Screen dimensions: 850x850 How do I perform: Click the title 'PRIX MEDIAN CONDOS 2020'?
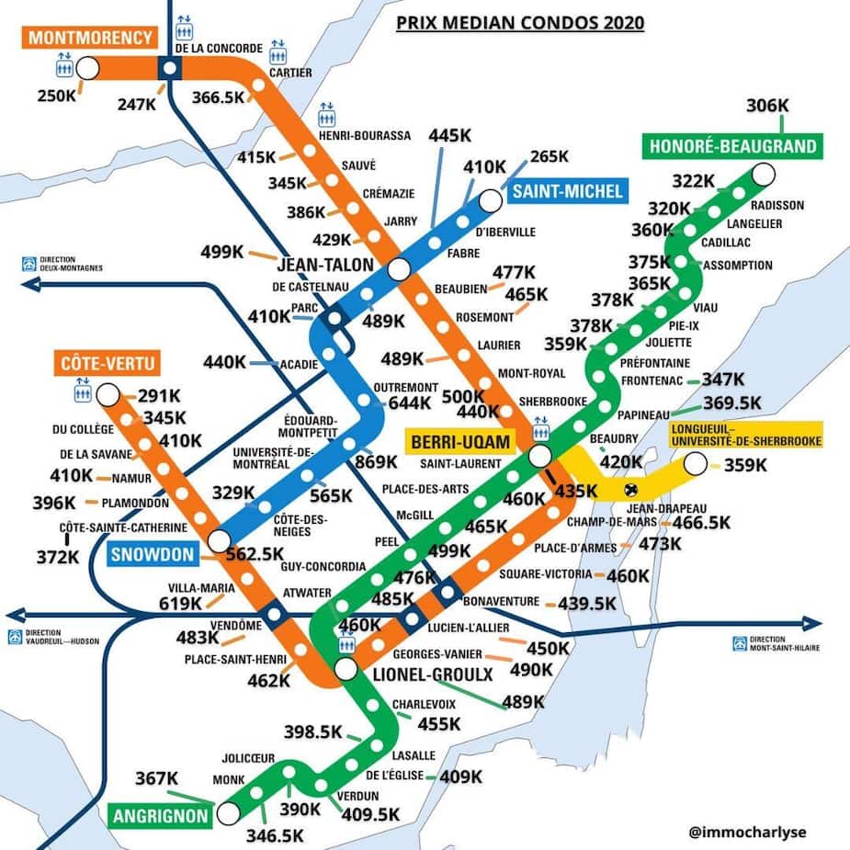519,22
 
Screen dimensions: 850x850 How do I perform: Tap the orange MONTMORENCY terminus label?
90,38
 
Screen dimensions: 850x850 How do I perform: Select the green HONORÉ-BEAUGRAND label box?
732,146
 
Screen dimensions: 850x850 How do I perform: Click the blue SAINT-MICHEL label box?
568,191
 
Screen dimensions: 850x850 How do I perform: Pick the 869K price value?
376,461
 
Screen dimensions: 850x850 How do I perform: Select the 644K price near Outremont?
410,402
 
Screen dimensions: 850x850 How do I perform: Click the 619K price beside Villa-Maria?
179,603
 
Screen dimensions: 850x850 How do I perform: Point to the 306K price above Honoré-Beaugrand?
767,106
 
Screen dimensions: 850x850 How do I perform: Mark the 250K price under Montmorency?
57,96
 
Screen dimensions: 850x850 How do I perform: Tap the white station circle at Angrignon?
228,812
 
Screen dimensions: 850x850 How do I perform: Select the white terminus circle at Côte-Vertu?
108,396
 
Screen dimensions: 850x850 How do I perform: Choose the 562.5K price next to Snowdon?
255,553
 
